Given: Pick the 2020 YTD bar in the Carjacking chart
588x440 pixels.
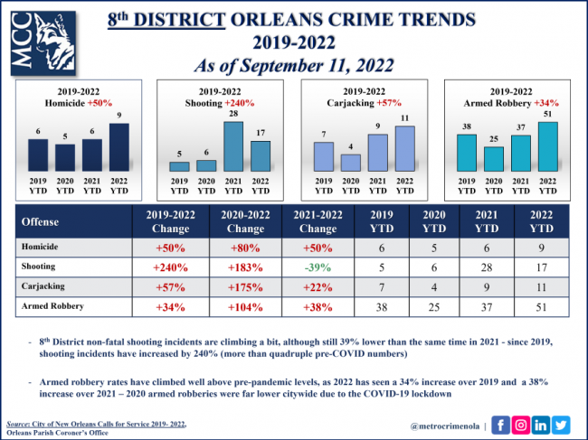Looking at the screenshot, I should pyautogui.click(x=349, y=163).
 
